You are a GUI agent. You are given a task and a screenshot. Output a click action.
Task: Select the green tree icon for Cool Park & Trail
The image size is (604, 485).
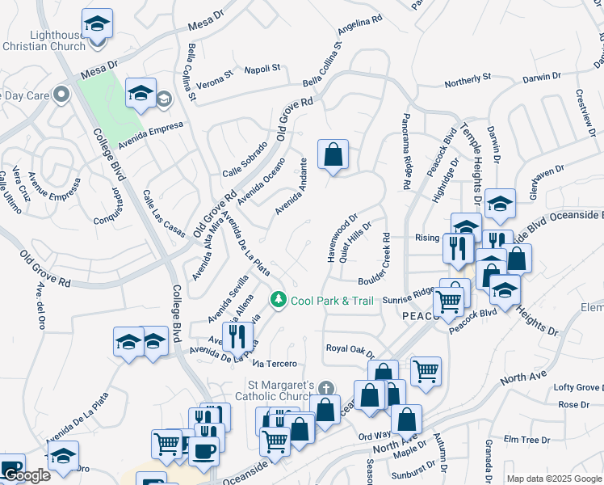279,300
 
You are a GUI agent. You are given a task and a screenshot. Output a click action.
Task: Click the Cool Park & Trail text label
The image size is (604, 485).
332,301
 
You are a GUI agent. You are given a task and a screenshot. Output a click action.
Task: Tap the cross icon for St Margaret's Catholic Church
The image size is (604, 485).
325,389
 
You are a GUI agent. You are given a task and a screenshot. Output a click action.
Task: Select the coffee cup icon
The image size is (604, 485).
203,449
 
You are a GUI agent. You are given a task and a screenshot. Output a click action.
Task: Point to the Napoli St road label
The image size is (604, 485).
262,69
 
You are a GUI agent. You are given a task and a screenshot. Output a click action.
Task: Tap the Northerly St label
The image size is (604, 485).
468,78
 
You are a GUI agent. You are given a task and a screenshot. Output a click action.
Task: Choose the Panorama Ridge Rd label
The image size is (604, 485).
407,152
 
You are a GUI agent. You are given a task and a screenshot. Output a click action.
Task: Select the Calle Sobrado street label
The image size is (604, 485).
244,167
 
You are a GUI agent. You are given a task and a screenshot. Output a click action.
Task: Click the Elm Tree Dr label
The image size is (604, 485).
526,439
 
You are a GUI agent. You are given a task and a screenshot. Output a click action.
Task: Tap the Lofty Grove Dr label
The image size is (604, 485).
577,388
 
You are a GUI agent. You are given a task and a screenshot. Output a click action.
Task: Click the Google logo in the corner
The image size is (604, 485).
27,475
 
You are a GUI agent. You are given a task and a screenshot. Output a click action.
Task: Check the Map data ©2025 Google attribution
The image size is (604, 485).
554,479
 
